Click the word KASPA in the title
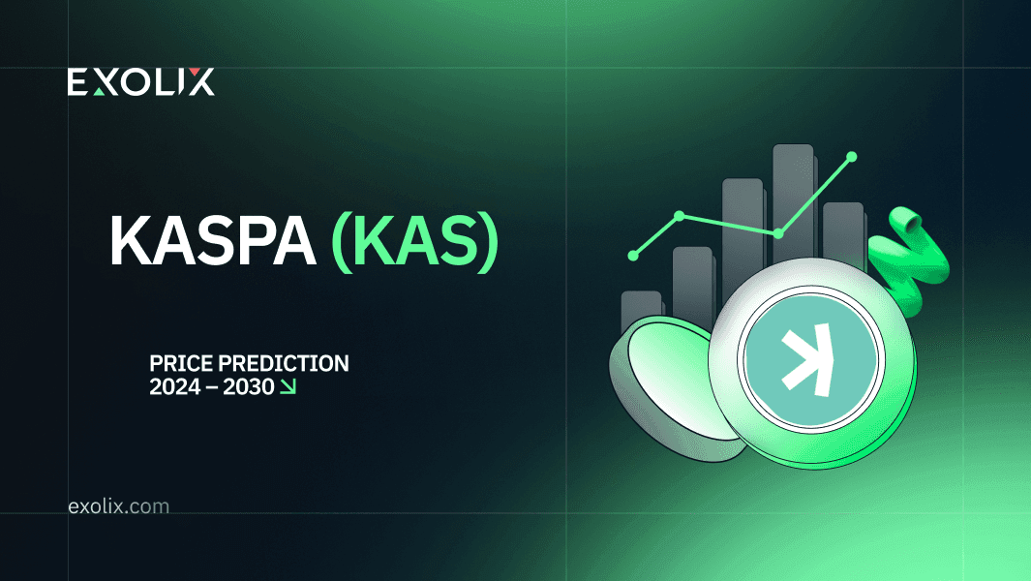tap(212, 240)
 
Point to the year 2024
tap(175, 387)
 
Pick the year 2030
tap(248, 387)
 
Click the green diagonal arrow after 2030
tap(288, 387)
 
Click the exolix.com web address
tap(118, 506)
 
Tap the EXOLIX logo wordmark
tap(140, 81)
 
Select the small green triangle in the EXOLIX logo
tap(100, 91)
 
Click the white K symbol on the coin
tap(807, 359)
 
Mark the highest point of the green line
tap(852, 157)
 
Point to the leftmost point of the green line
tap(633, 256)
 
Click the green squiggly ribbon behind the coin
tap(911, 263)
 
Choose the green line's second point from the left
tap(680, 215)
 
